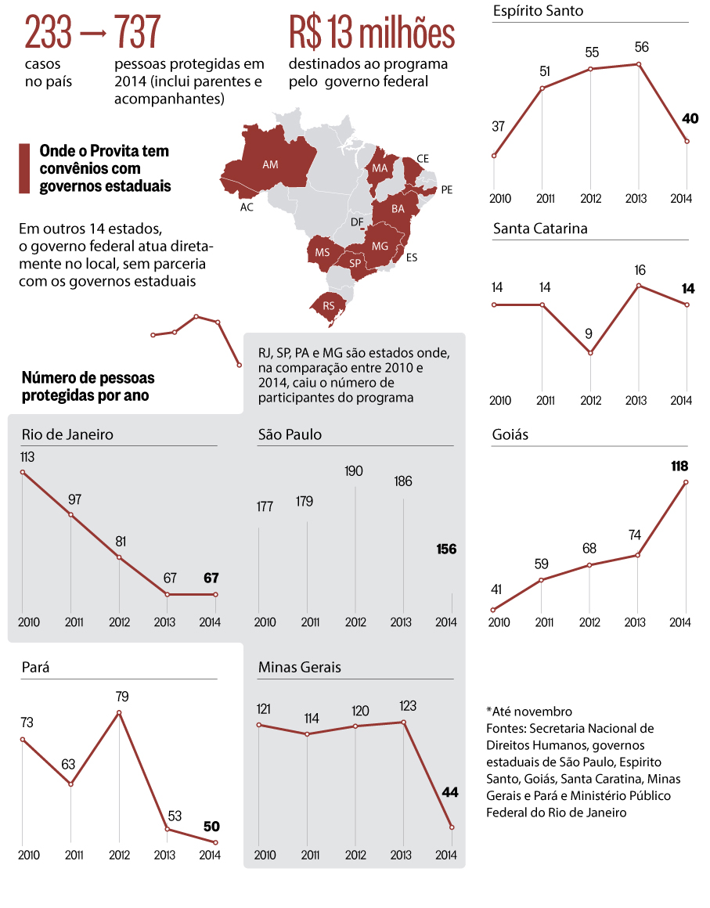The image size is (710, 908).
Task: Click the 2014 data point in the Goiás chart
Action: [687, 482]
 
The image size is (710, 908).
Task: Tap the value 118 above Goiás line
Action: [679, 467]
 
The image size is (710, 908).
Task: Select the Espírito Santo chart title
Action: [538, 11]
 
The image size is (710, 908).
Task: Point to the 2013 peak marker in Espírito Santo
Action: [640, 64]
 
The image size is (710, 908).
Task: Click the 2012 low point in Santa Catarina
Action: [591, 353]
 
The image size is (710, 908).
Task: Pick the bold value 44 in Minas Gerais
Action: [449, 792]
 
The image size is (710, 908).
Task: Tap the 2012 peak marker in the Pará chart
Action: [119, 713]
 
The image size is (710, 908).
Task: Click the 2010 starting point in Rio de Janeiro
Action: [23, 472]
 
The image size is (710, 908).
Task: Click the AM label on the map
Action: [270, 165]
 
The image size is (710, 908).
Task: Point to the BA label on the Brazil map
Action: [398, 209]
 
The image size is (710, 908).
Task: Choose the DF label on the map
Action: [356, 222]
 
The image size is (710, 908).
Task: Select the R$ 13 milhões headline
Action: [371, 33]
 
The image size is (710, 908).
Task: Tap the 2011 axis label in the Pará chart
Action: [71, 855]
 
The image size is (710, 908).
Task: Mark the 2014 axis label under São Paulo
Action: [445, 622]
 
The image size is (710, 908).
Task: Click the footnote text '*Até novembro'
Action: [528, 712]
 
